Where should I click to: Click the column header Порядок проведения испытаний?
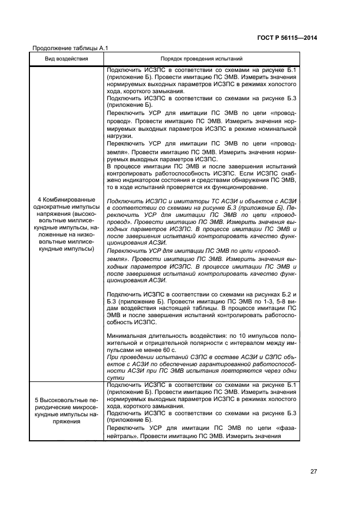(202, 58)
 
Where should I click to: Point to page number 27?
(313, 471)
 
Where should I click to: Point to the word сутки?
(117, 378)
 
